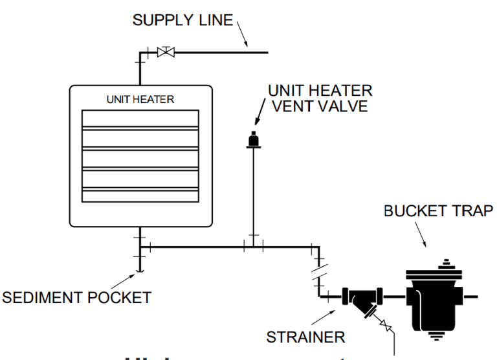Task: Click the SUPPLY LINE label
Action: click(182, 20)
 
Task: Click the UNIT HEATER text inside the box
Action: click(140, 100)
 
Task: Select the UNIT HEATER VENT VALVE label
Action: click(320, 98)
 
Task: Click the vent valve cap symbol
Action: click(253, 139)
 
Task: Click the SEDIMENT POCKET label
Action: click(76, 298)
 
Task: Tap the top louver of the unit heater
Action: click(140, 120)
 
